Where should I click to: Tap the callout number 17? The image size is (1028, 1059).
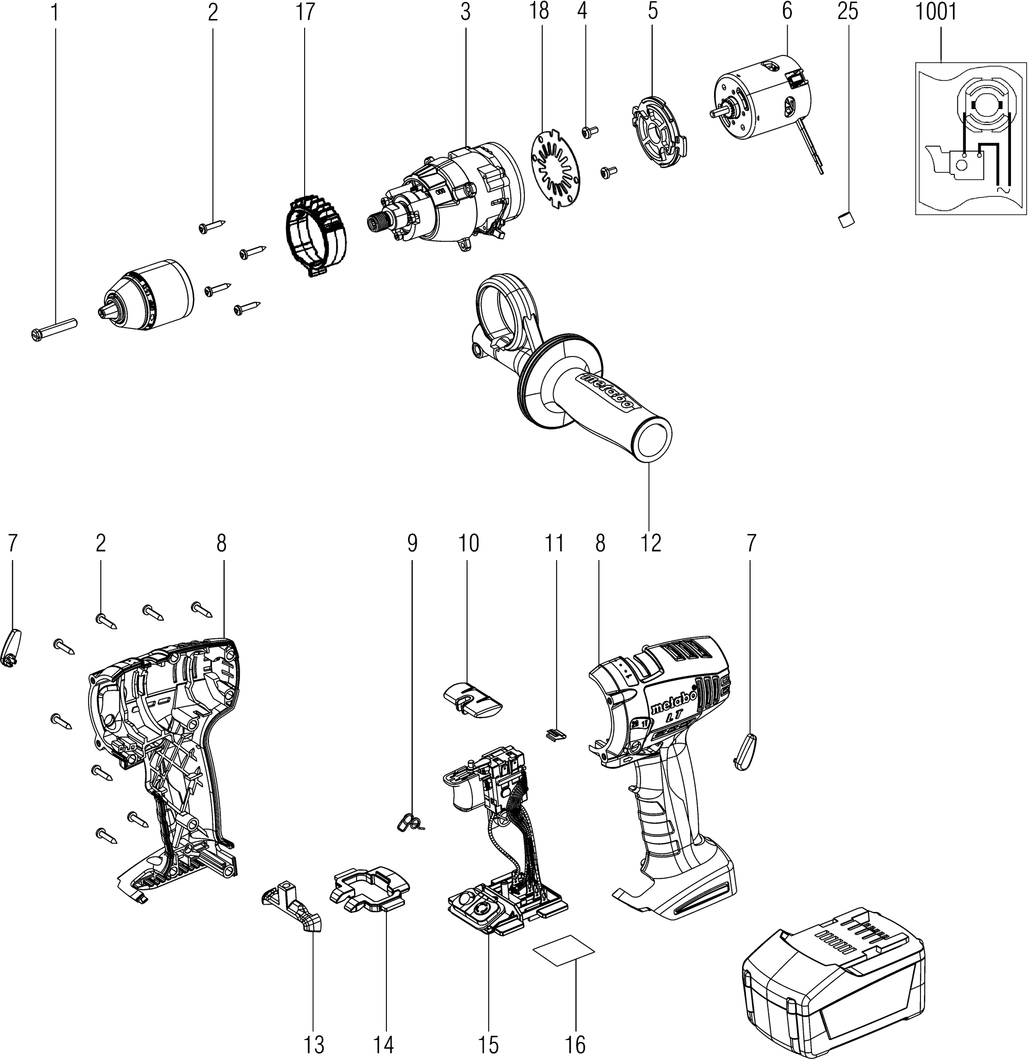point(306,12)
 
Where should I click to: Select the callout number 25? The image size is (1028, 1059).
point(847,12)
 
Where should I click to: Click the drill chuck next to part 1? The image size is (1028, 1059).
point(147,295)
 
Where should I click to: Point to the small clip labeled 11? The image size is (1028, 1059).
point(555,735)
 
